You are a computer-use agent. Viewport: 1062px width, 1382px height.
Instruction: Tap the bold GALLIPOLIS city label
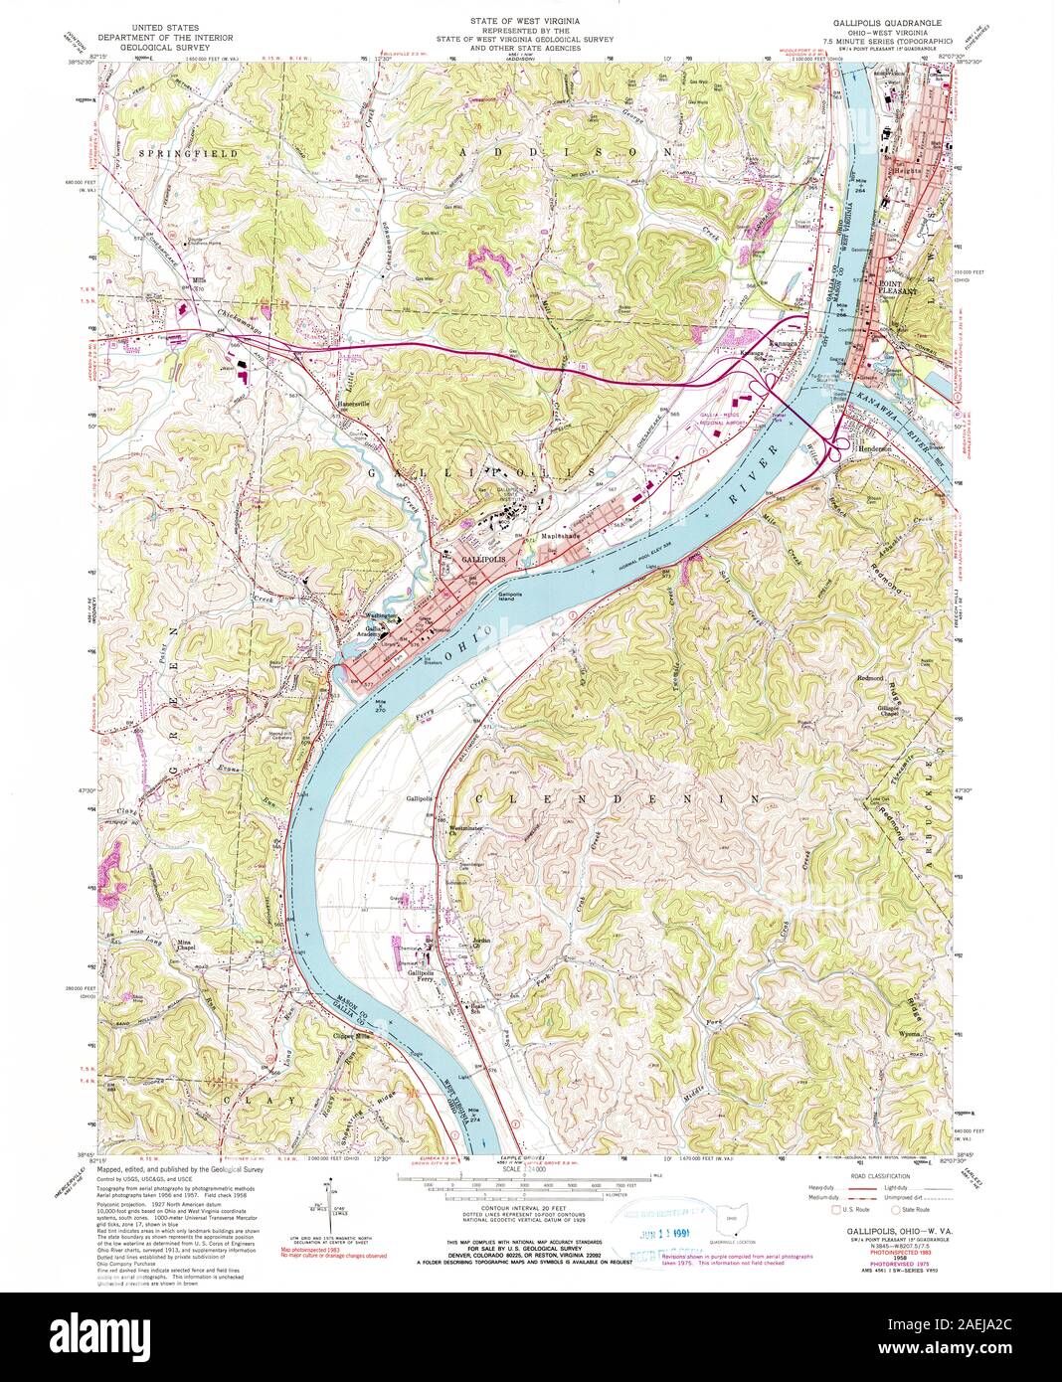coord(483,561)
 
